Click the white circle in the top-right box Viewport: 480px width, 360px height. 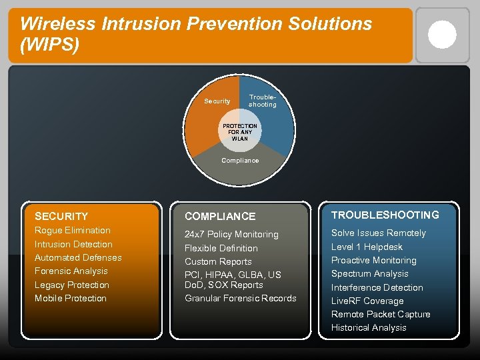442,35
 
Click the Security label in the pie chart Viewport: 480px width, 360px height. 217,101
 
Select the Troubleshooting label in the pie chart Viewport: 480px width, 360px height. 262,101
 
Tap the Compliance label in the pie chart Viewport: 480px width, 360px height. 240,160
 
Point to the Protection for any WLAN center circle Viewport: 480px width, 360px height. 240,132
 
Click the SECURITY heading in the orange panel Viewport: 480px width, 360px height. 61,216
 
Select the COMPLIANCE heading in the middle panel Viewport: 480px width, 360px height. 220,216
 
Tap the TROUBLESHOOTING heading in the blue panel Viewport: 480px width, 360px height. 385,215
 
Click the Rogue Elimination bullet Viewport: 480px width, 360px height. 73,231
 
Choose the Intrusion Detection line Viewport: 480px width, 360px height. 73,244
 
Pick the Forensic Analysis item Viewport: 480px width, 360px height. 71,271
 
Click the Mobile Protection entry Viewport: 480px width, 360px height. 71,298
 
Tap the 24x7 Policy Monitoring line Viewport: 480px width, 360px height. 231,235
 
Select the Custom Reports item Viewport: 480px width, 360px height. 218,261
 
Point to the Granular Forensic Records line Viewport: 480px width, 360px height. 240,298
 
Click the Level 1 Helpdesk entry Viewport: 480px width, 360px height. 367,247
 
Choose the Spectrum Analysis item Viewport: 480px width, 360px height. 370,274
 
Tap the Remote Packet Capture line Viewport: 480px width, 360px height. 381,314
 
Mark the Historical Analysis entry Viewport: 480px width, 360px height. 369,327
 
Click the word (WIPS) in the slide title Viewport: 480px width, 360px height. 50,45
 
